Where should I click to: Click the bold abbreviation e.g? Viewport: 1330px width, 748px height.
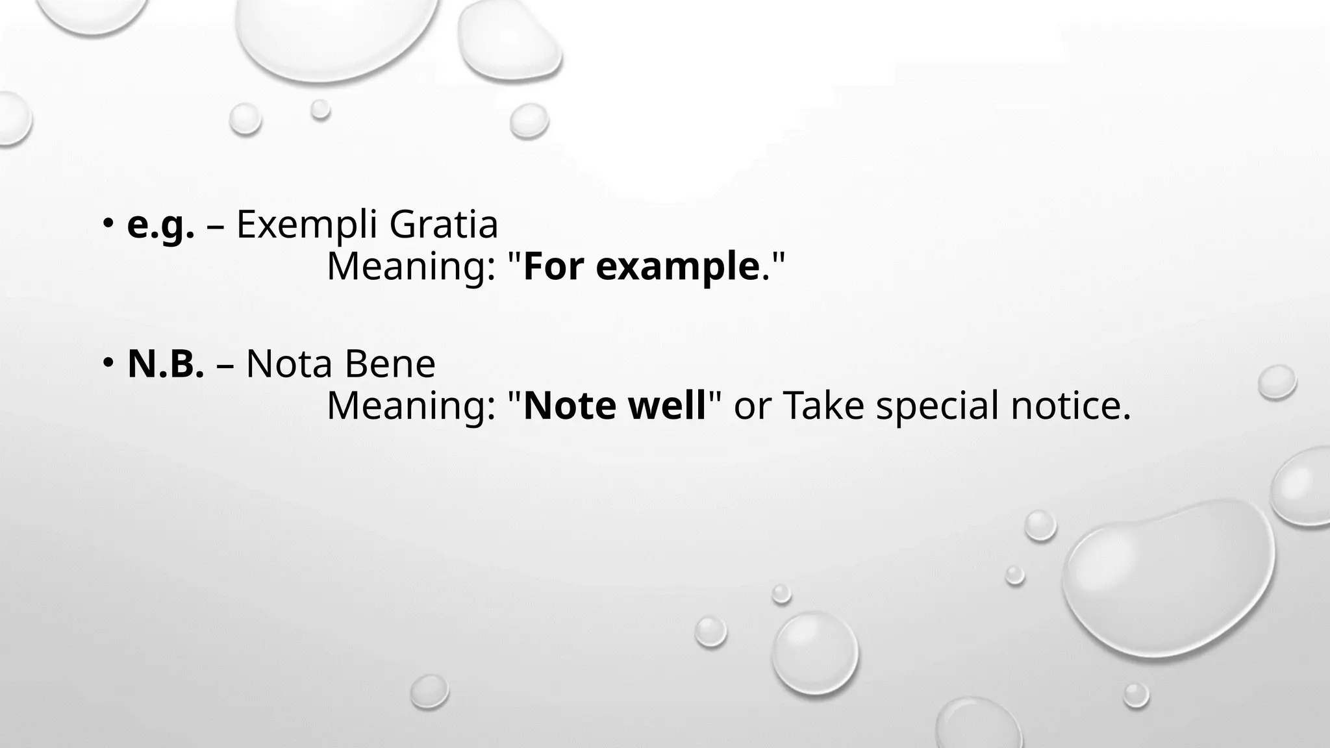(x=160, y=226)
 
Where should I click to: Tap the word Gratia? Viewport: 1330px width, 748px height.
(x=444, y=225)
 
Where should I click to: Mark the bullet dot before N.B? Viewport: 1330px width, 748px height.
(x=107, y=363)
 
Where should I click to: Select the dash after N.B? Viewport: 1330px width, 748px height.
(x=225, y=366)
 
